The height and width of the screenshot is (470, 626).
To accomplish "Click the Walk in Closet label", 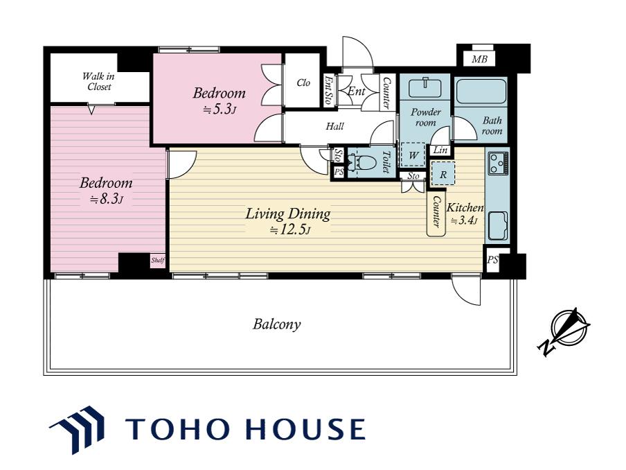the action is pyautogui.click(x=99, y=81).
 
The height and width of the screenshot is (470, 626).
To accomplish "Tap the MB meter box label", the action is pyautogui.click(x=479, y=60).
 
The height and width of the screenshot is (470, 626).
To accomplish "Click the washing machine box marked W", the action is pyautogui.click(x=413, y=155).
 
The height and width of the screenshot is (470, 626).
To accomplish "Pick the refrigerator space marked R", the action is pyautogui.click(x=442, y=173).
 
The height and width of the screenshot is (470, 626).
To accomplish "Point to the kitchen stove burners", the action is pyautogui.click(x=498, y=164).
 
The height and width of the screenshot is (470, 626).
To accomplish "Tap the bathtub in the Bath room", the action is pyautogui.click(x=481, y=92).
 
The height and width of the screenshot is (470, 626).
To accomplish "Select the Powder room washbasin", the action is pyautogui.click(x=426, y=87).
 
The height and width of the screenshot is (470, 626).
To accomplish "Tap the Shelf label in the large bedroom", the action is pyautogui.click(x=158, y=261).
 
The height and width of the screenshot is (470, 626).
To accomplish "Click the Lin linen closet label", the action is pyautogui.click(x=440, y=150).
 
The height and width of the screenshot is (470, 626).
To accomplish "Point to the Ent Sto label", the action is pyautogui.click(x=329, y=90).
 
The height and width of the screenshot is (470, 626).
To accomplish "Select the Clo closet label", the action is pyautogui.click(x=303, y=82).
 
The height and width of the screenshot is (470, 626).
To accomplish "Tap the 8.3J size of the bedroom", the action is pyautogui.click(x=106, y=199).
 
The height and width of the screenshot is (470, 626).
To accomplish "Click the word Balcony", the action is pyautogui.click(x=277, y=324).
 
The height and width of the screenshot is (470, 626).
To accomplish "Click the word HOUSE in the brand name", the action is pyautogui.click(x=305, y=429).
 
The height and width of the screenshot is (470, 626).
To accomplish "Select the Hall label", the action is pyautogui.click(x=334, y=127).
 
